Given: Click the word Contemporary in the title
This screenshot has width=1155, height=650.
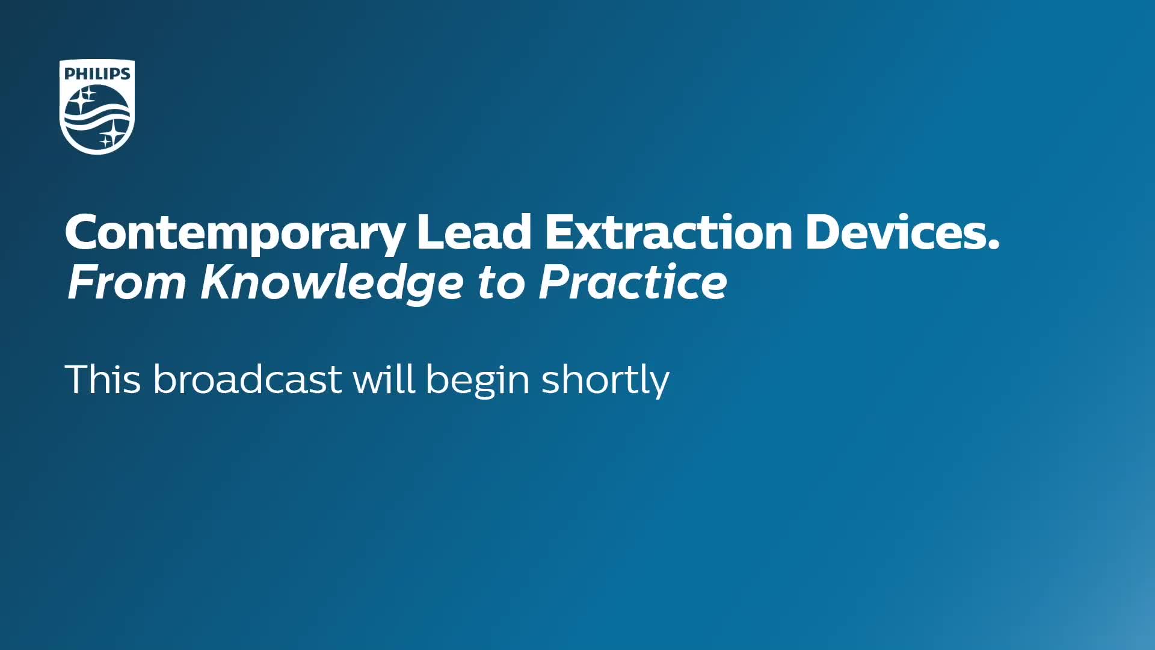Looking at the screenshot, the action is [235, 234].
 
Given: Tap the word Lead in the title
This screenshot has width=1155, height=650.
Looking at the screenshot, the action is [474, 232].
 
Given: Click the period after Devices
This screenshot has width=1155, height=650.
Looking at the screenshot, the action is [993, 244].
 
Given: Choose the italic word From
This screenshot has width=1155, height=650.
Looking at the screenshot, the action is [127, 282].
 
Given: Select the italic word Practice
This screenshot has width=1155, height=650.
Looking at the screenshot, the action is [633, 282].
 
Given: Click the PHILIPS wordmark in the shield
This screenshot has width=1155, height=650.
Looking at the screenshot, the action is [97, 73].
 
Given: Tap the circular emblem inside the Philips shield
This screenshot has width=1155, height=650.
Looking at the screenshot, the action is [97, 117].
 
